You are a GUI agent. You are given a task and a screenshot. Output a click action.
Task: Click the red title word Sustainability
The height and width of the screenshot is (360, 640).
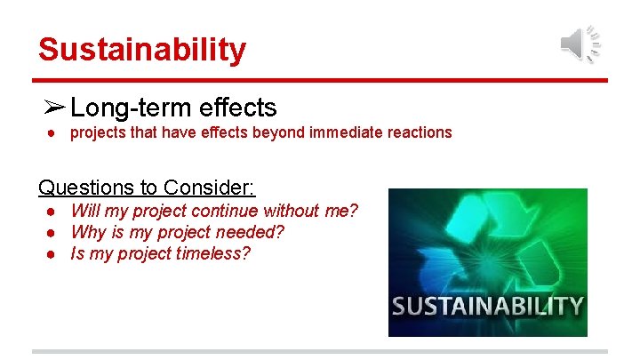point(141,49)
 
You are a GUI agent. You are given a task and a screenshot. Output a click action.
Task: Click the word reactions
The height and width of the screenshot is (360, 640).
point(420,132)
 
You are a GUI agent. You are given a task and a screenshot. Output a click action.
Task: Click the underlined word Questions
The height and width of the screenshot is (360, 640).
point(83,188)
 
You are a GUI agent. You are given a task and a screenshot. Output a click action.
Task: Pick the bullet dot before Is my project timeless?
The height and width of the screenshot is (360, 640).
point(53,254)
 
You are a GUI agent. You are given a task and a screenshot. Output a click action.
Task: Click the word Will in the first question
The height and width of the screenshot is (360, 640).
point(85,212)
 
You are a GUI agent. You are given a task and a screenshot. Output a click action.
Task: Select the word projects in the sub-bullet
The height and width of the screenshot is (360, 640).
point(100,132)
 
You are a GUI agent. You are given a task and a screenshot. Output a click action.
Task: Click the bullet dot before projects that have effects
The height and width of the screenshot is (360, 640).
point(53,132)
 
